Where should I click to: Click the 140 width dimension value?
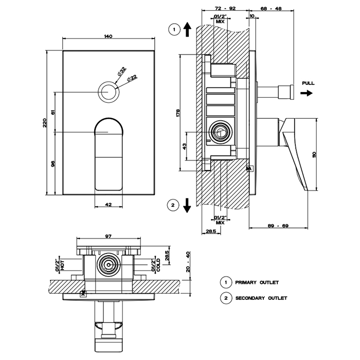click(107, 36)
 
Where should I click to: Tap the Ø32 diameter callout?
click(122, 71)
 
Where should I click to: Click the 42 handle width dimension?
click(109, 204)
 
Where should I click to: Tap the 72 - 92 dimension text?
click(226, 9)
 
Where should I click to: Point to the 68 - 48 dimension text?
click(271, 9)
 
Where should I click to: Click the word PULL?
click(309, 83)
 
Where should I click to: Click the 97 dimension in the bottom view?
click(109, 236)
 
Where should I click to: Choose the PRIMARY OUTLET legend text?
click(257, 282)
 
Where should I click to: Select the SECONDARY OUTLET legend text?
click(261, 298)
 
